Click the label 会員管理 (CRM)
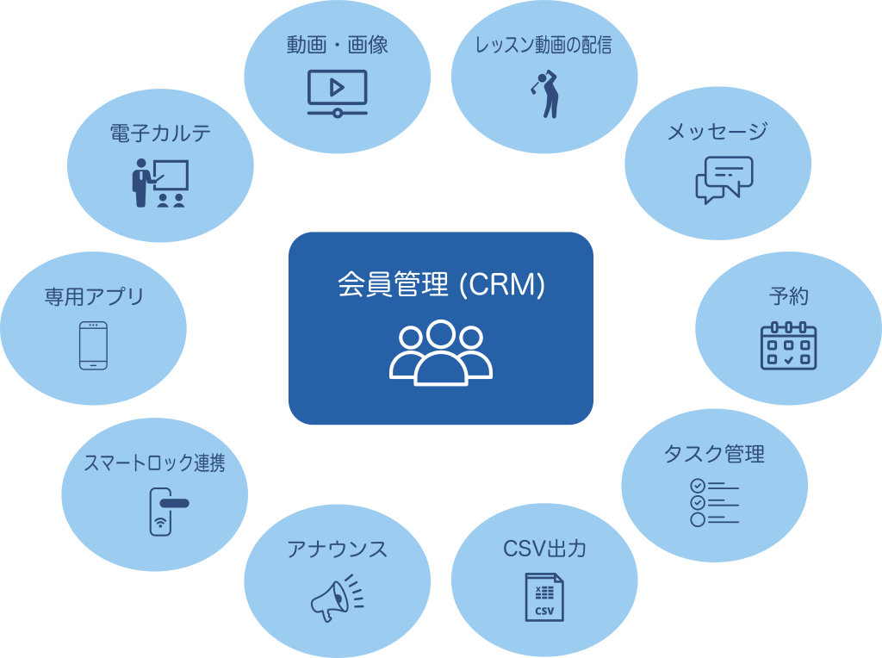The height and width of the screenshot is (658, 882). pos(441,285)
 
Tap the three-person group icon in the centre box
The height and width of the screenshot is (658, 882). pos(441,352)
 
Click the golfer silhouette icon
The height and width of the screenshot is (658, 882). pos(546,93)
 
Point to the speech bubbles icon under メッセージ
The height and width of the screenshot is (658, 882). pos(724,179)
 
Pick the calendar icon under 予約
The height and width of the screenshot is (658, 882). pos(788,345)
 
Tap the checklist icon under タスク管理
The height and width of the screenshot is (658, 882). pos(714,502)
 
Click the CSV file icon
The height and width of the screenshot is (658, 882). pos(544,597)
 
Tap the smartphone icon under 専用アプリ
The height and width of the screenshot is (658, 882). pos(93,345)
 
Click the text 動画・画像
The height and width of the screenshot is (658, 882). pos(338,46)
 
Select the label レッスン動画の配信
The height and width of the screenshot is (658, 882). pos(543,46)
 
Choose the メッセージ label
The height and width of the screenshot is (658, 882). pos(717,132)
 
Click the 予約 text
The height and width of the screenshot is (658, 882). pos(788,297)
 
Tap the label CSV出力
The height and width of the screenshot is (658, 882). pos(544,549)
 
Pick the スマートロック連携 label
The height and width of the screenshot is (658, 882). pos(154,462)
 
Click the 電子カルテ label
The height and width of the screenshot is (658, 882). pos(160,133)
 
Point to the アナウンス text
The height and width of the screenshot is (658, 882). pos(337,549)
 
